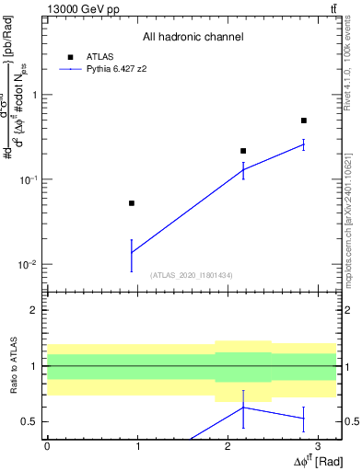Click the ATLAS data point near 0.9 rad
point(132,203)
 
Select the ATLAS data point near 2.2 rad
point(243,151)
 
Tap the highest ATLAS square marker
point(303,121)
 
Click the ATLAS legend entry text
point(99,57)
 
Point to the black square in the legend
point(70,57)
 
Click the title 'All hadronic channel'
point(193,37)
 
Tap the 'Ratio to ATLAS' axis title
point(14,365)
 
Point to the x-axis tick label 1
point(137,445)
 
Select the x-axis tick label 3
point(317,445)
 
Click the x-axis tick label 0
point(47,445)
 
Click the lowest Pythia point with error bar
point(132,252)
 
